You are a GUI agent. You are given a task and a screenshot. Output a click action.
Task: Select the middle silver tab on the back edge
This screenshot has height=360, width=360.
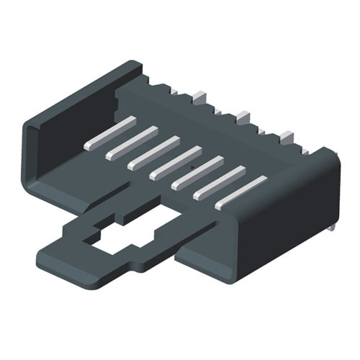(242, 114)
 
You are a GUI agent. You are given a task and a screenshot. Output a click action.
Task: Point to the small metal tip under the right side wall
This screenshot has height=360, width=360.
(332, 228)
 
